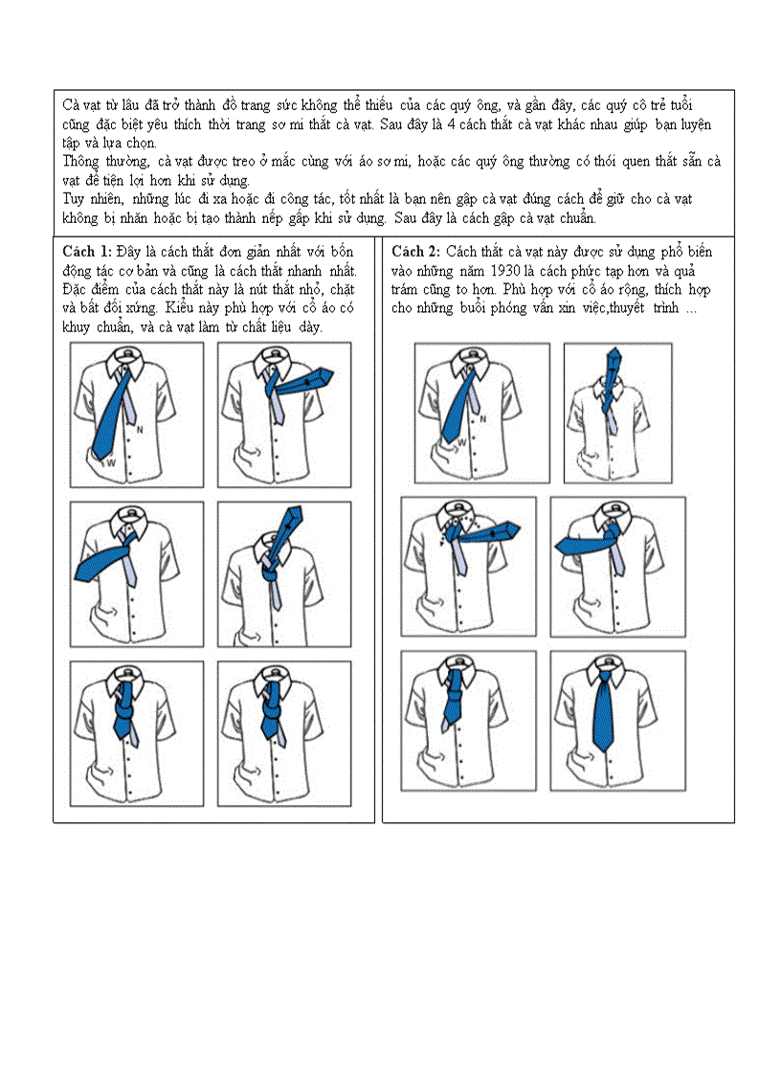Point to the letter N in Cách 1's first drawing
point(139,429)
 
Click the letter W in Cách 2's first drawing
point(461,442)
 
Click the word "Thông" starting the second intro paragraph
point(81,162)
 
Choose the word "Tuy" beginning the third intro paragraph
point(73,199)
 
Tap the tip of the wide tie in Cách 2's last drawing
point(603,747)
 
